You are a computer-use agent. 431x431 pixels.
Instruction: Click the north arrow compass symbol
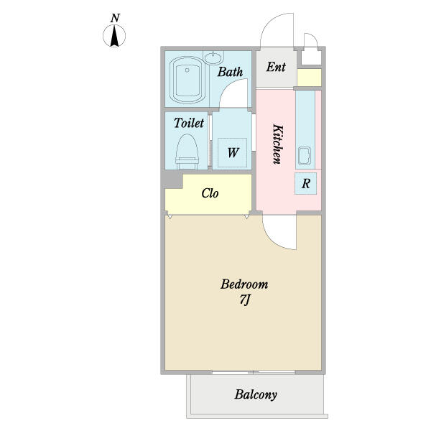click(114, 36)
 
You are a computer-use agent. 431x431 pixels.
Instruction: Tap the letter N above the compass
click(115, 18)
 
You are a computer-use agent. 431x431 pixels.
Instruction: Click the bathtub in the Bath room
click(187, 80)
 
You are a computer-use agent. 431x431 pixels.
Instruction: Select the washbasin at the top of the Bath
click(213, 57)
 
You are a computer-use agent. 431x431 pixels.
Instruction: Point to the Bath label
click(230, 72)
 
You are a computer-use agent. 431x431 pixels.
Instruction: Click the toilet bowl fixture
click(187, 152)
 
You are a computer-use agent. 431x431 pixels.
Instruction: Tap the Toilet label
click(189, 123)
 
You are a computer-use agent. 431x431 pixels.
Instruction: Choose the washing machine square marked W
click(232, 152)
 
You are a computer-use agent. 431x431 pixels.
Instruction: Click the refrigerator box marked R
click(306, 184)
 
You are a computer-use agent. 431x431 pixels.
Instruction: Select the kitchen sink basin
click(305, 156)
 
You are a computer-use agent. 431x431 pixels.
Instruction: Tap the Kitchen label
click(277, 144)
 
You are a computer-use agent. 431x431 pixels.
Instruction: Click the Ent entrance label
click(276, 67)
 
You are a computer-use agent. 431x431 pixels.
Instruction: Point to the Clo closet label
click(210, 193)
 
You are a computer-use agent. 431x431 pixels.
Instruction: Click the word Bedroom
click(244, 284)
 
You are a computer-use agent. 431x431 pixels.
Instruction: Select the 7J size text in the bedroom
click(244, 300)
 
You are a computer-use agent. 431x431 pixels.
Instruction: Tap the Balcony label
click(256, 394)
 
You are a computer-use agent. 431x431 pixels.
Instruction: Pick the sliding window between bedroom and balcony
click(254, 372)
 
